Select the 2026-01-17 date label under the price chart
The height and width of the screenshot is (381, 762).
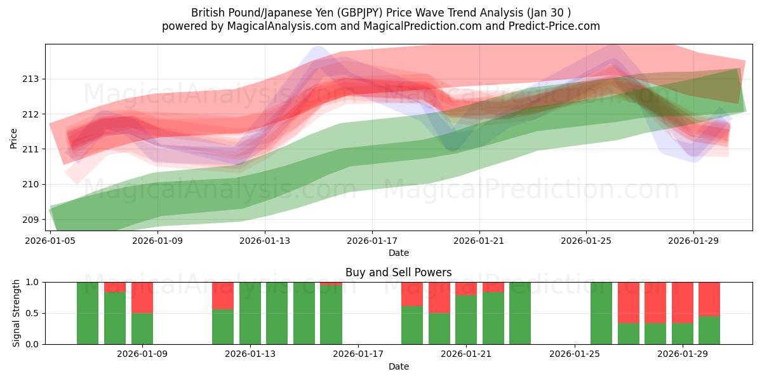click(x=371, y=241)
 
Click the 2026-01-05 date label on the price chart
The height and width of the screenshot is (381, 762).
click(x=50, y=241)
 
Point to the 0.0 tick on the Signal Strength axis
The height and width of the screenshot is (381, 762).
click(x=32, y=344)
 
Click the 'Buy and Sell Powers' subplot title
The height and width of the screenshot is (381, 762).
click(x=398, y=272)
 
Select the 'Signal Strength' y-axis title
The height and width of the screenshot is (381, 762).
click(x=17, y=312)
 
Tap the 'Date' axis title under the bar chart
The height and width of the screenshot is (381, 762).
click(x=398, y=366)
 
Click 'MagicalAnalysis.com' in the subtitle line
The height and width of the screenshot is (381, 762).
click(x=277, y=26)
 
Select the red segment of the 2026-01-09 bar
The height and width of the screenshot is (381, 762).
click(x=142, y=297)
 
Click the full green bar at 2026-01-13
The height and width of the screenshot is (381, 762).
click(x=250, y=313)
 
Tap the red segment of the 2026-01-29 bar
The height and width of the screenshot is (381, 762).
click(x=683, y=302)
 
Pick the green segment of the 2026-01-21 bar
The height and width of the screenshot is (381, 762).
click(x=466, y=319)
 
